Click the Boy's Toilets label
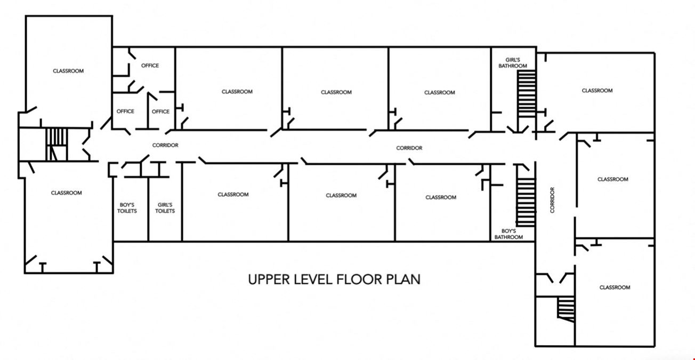(x=127, y=208)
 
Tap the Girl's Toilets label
(x=165, y=208)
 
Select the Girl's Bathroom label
(x=513, y=63)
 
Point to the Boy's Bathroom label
(x=508, y=234)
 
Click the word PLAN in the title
(x=403, y=279)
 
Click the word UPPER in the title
(x=269, y=279)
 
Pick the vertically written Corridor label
(x=552, y=200)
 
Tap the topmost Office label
(x=150, y=66)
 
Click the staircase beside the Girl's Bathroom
(x=527, y=94)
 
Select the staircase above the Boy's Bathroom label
(x=526, y=202)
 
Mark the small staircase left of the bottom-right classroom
(x=566, y=309)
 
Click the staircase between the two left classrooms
(x=56, y=145)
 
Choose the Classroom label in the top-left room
(x=68, y=71)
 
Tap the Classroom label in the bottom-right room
(x=615, y=287)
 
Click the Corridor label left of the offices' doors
(x=165, y=145)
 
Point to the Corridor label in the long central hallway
(x=409, y=148)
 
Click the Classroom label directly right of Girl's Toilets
(x=233, y=195)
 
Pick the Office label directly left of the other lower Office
(x=125, y=111)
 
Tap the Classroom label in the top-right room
(x=597, y=91)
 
